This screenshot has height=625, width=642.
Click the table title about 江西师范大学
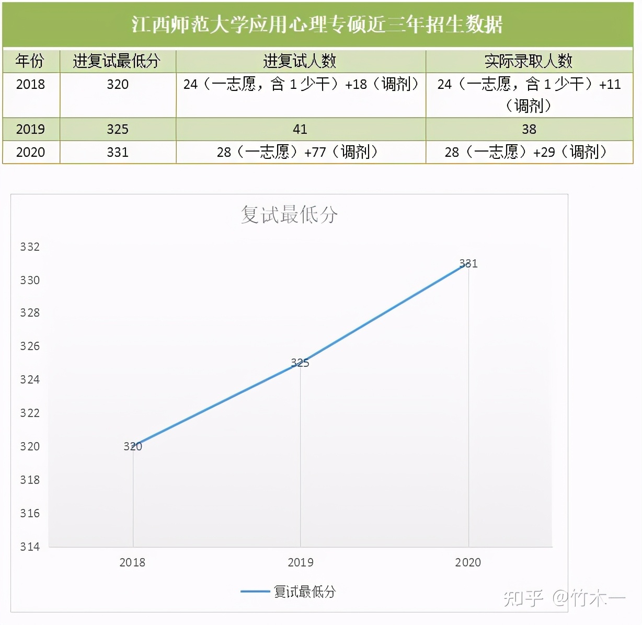pyautogui.click(x=317, y=25)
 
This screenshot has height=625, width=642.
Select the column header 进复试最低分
pyautogui.click(x=117, y=61)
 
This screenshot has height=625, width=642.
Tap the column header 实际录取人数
pyautogui.click(x=529, y=61)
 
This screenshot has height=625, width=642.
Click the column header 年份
pyautogui.click(x=30, y=61)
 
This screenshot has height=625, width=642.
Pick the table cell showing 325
pyautogui.click(x=118, y=129)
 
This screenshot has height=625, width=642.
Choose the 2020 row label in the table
pyautogui.click(x=30, y=152)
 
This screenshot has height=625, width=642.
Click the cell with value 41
pyautogui.click(x=300, y=129)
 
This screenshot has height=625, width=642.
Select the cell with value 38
pyautogui.click(x=529, y=129)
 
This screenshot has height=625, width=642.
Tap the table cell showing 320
pyautogui.click(x=118, y=84)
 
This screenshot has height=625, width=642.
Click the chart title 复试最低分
pyautogui.click(x=289, y=215)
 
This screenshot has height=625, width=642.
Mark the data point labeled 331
pyautogui.click(x=468, y=265)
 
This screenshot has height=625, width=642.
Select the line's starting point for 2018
pyautogui.click(x=133, y=447)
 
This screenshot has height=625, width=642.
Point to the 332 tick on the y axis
pyautogui.click(x=30, y=247)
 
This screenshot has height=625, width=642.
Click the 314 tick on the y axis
pyautogui.click(x=30, y=547)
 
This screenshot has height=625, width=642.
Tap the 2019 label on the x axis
pyautogui.click(x=301, y=562)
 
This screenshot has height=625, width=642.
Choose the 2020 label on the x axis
pyautogui.click(x=468, y=562)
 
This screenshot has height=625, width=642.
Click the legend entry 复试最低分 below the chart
pyautogui.click(x=304, y=592)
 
